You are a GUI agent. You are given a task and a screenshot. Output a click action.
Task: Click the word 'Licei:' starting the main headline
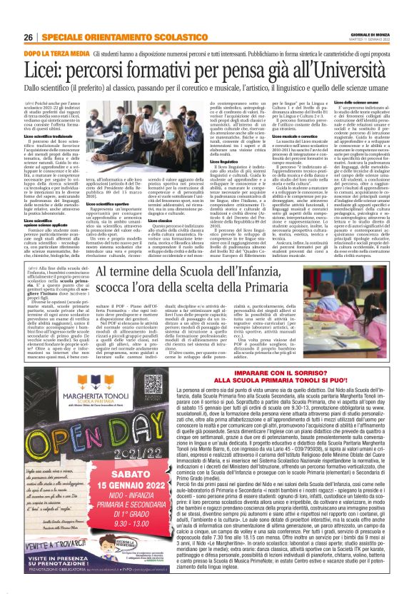tap(48, 70)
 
